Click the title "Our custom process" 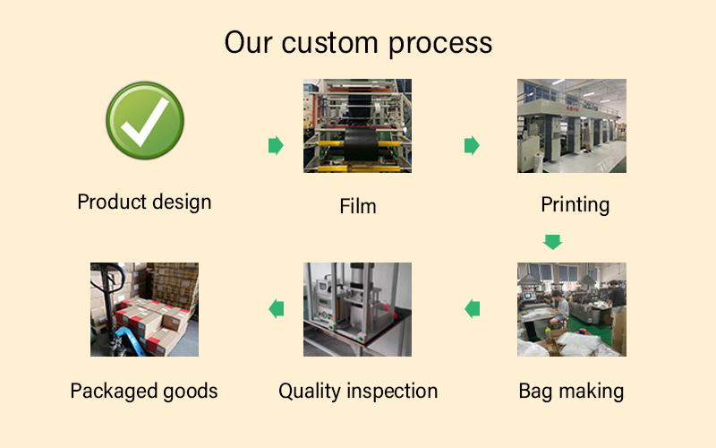click(x=358, y=43)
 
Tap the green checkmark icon click(x=145, y=121)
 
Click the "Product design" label click(x=144, y=202)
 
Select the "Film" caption click(x=357, y=206)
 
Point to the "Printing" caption click(x=575, y=205)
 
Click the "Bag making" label click(x=571, y=392)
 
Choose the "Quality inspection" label click(x=358, y=392)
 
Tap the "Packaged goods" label click(x=144, y=392)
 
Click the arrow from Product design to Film click(x=276, y=145)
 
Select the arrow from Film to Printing click(x=472, y=145)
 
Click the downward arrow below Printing click(x=552, y=242)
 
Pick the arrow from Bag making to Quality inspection click(x=473, y=308)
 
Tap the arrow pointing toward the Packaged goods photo click(x=277, y=308)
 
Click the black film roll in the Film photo click(x=361, y=143)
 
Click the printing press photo click(x=572, y=125)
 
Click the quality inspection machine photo click(x=357, y=309)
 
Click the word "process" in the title click(x=440, y=44)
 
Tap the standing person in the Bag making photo click(x=617, y=302)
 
